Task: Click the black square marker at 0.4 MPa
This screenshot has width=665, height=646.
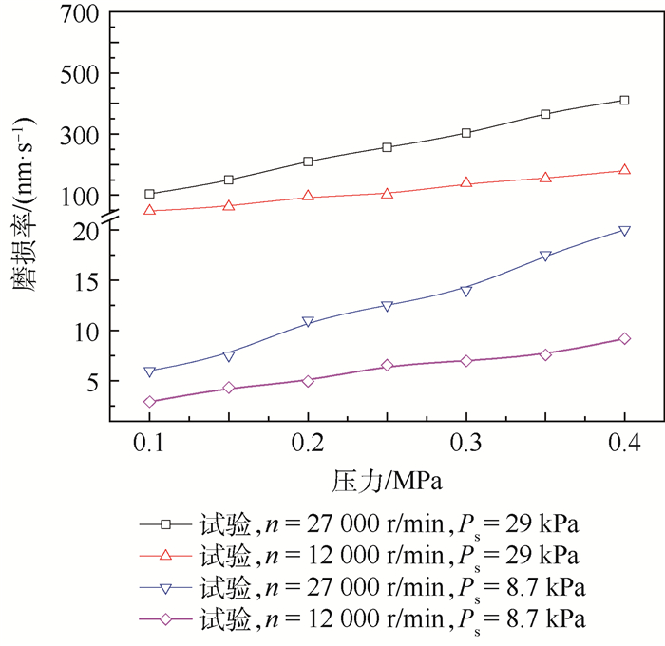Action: pyautogui.click(x=624, y=100)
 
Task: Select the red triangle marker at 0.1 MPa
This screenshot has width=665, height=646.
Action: pyautogui.click(x=149, y=210)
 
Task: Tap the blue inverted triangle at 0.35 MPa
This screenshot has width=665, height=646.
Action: pyautogui.click(x=545, y=256)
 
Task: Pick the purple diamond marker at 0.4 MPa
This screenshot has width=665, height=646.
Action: pyautogui.click(x=624, y=338)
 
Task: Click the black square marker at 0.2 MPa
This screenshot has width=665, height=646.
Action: pyautogui.click(x=308, y=161)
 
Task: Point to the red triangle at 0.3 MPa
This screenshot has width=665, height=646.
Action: pyautogui.click(x=466, y=182)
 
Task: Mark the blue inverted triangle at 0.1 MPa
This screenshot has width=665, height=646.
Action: pyautogui.click(x=149, y=371)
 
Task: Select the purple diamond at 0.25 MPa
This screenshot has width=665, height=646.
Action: pyautogui.click(x=387, y=366)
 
